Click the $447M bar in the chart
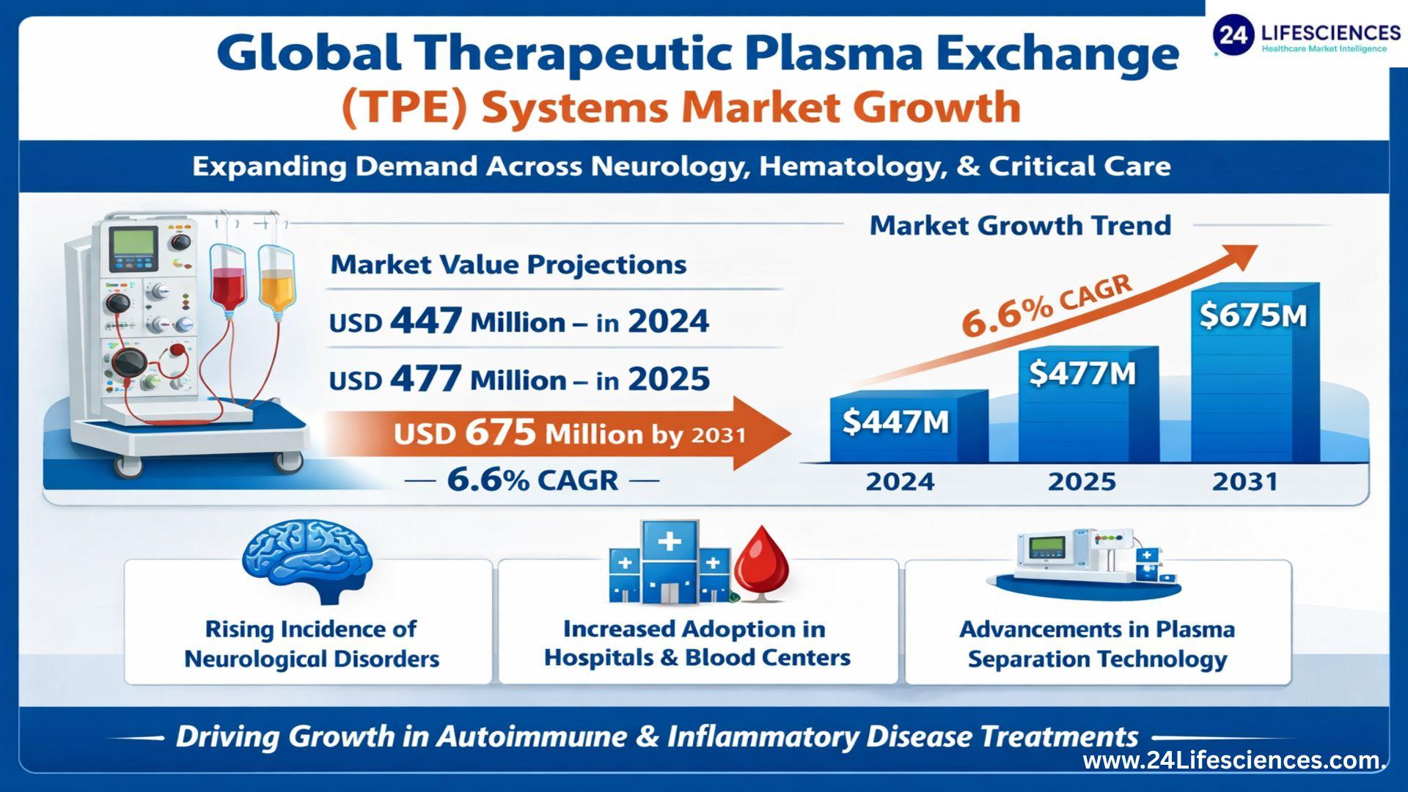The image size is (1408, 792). [x=909, y=426]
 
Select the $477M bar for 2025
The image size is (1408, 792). [x=1088, y=404]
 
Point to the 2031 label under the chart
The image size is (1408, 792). [x=1245, y=482]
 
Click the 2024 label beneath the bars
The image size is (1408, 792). [x=900, y=482]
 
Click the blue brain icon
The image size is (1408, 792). [x=307, y=562]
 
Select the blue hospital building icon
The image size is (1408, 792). [x=669, y=562]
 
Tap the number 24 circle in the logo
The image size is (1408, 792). [x=1233, y=35]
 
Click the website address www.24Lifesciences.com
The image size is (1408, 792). [x=1234, y=760]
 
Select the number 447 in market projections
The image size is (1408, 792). [x=426, y=321]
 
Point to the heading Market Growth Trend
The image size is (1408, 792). [x=1020, y=225]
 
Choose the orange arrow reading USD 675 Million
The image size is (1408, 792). [x=557, y=433]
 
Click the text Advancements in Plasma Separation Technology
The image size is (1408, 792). [x=1097, y=644]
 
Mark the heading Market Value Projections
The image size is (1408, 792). [x=508, y=265]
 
